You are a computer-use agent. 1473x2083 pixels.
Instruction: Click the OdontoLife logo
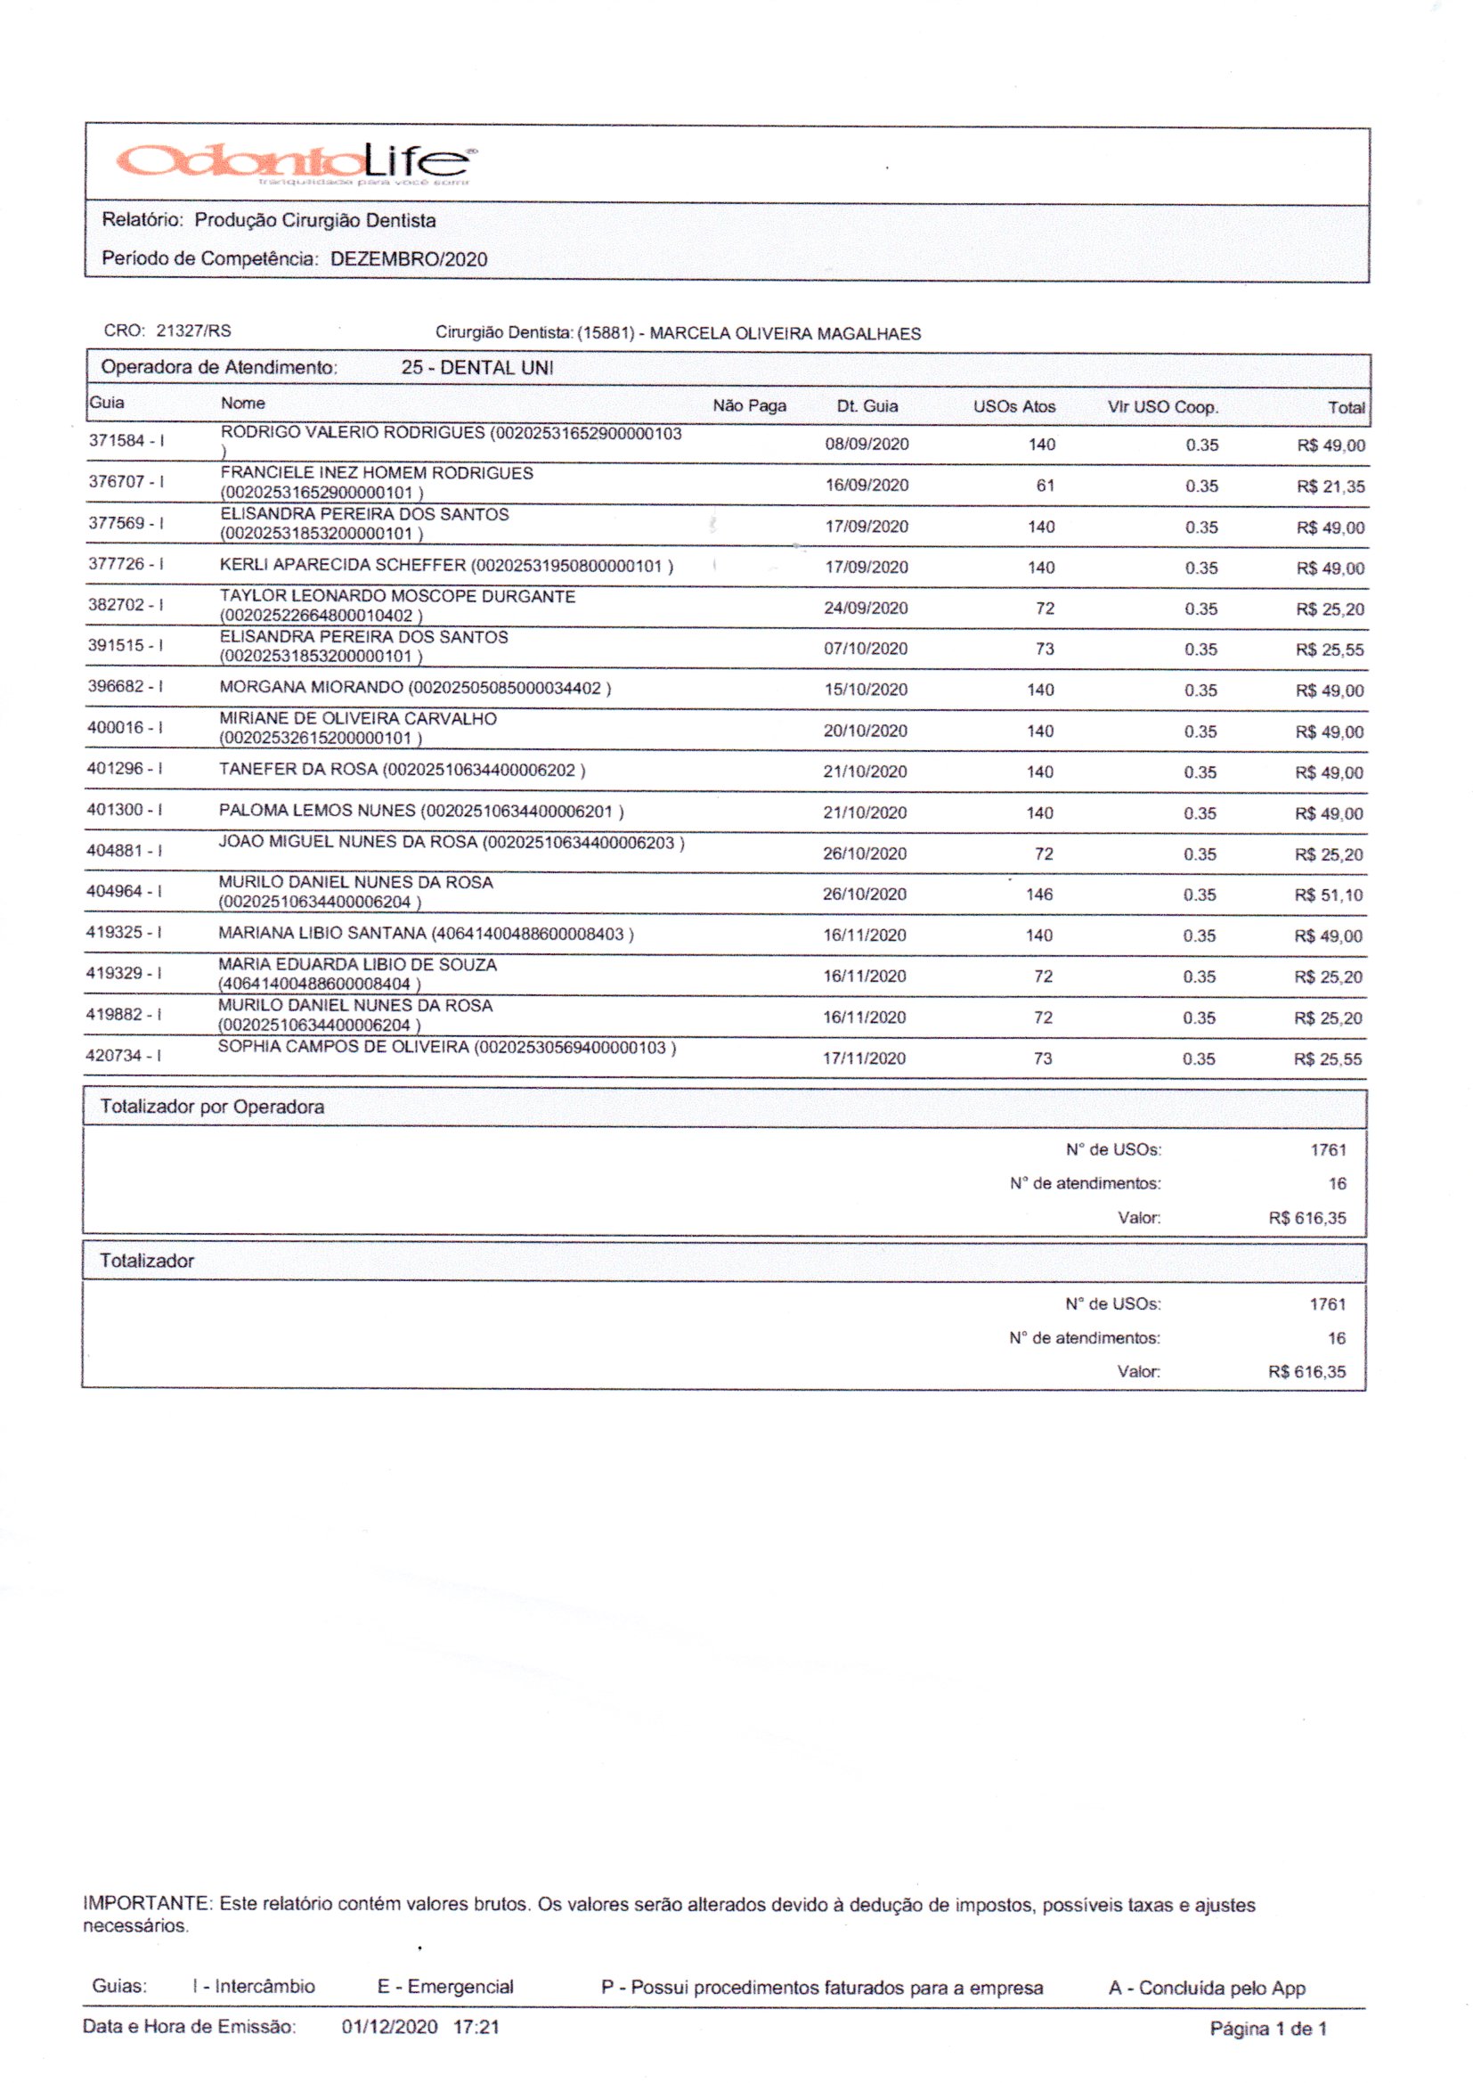[295, 162]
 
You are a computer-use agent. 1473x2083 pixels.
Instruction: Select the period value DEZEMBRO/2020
[408, 259]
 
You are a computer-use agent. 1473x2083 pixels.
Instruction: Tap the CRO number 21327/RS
[193, 331]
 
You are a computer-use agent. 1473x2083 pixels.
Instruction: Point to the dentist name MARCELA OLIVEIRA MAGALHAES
[785, 334]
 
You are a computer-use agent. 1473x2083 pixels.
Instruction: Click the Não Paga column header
[749, 405]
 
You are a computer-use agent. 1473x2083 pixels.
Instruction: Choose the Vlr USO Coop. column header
[1162, 407]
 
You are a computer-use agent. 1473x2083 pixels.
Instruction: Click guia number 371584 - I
[126, 441]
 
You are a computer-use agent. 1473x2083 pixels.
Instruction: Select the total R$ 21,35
[1330, 486]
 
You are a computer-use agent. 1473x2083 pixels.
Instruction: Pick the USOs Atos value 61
[1045, 486]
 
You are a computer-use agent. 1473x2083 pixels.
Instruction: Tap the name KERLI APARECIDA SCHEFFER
[343, 565]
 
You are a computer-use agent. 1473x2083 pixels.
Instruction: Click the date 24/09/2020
[866, 608]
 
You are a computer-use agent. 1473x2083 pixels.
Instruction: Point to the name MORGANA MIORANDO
[311, 688]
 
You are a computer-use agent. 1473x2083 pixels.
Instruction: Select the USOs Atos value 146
[1039, 894]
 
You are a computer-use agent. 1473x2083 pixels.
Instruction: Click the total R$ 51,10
[1328, 895]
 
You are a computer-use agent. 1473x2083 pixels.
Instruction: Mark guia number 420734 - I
[125, 1055]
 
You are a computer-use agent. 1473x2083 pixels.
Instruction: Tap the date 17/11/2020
[864, 1058]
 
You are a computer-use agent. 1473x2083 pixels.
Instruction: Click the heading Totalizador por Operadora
[212, 1107]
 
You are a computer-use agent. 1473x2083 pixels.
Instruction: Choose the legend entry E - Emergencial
[445, 1987]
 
